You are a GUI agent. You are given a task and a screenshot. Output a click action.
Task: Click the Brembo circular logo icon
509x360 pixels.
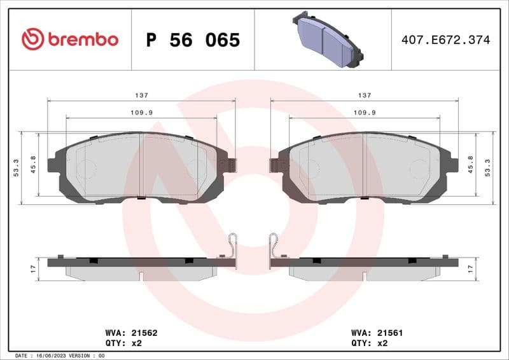[x=32, y=39]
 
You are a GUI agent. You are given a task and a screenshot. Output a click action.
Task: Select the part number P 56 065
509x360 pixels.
[x=193, y=40]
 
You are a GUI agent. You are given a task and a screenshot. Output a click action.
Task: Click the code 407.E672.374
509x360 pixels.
[x=445, y=40]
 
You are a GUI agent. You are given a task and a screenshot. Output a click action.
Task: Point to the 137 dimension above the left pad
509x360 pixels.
[x=141, y=95]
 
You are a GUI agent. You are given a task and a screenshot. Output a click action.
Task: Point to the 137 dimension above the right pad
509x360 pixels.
[x=364, y=95]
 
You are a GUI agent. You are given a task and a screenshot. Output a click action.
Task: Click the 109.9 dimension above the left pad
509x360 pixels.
[x=141, y=112]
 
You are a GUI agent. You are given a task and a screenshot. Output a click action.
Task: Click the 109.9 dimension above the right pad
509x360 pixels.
[x=364, y=112]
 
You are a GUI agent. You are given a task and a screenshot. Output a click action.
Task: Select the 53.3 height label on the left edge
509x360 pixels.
[x=16, y=169]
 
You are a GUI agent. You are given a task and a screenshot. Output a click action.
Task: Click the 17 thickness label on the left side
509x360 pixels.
[x=33, y=269]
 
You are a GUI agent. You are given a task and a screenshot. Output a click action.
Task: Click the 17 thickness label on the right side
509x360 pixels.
[x=471, y=269]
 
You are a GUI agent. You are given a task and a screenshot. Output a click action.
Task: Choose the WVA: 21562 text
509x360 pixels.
[x=122, y=333]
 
